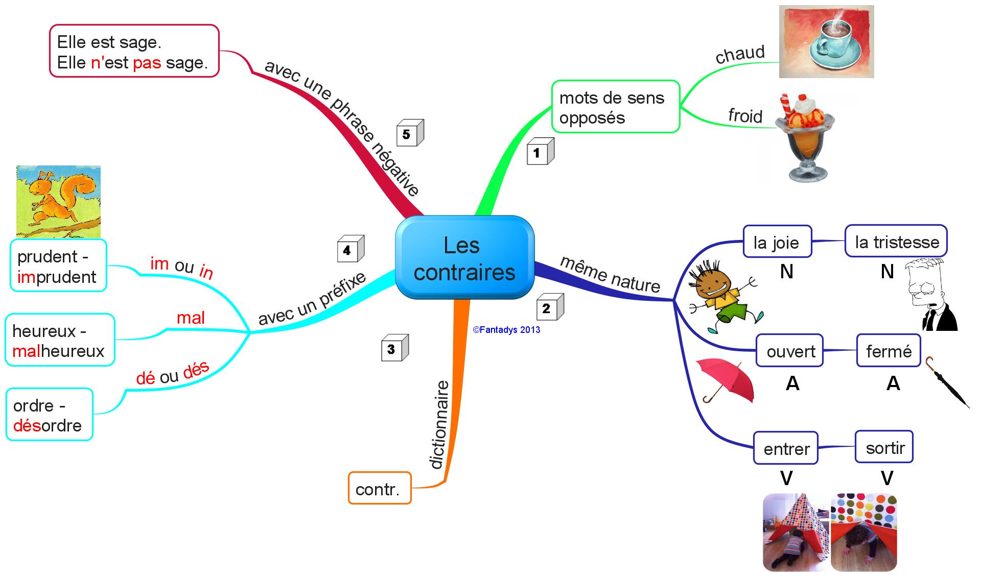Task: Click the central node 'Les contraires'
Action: click(x=464, y=258)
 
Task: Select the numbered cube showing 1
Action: click(x=540, y=152)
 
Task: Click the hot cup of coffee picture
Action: click(x=826, y=42)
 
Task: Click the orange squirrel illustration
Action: click(x=58, y=201)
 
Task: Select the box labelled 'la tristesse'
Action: click(x=896, y=241)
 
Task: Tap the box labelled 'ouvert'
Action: click(x=790, y=351)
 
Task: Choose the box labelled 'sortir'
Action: click(x=884, y=447)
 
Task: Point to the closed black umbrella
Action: click(x=946, y=381)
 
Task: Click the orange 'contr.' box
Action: click(x=379, y=489)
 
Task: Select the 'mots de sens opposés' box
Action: click(x=615, y=107)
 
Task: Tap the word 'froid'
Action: click(x=745, y=116)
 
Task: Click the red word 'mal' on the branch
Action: click(x=191, y=318)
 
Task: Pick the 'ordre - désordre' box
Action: click(x=49, y=415)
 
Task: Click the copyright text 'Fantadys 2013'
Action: click(x=506, y=330)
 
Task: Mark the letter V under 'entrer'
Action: click(x=786, y=478)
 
